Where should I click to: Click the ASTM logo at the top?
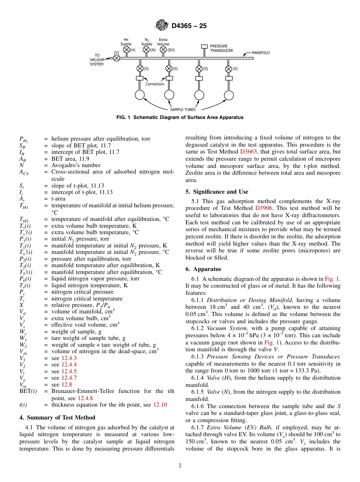click(x=162, y=26)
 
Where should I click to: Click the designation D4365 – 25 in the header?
click(x=189, y=26)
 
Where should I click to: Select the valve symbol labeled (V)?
click(x=117, y=58)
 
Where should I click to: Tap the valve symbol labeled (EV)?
click(x=163, y=50)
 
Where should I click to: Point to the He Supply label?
click(x=126, y=42)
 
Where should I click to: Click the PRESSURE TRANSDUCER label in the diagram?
click(x=221, y=49)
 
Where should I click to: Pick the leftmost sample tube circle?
click(x=140, y=95)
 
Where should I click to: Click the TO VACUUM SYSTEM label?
click(x=97, y=59)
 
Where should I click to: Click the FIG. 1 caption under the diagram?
click(x=180, y=117)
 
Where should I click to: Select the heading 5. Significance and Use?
click(x=217, y=192)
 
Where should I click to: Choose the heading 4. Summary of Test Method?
click(x=57, y=418)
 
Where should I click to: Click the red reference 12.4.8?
click(x=85, y=398)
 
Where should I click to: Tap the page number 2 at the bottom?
click(x=180, y=466)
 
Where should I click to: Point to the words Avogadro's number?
click(x=76, y=165)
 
